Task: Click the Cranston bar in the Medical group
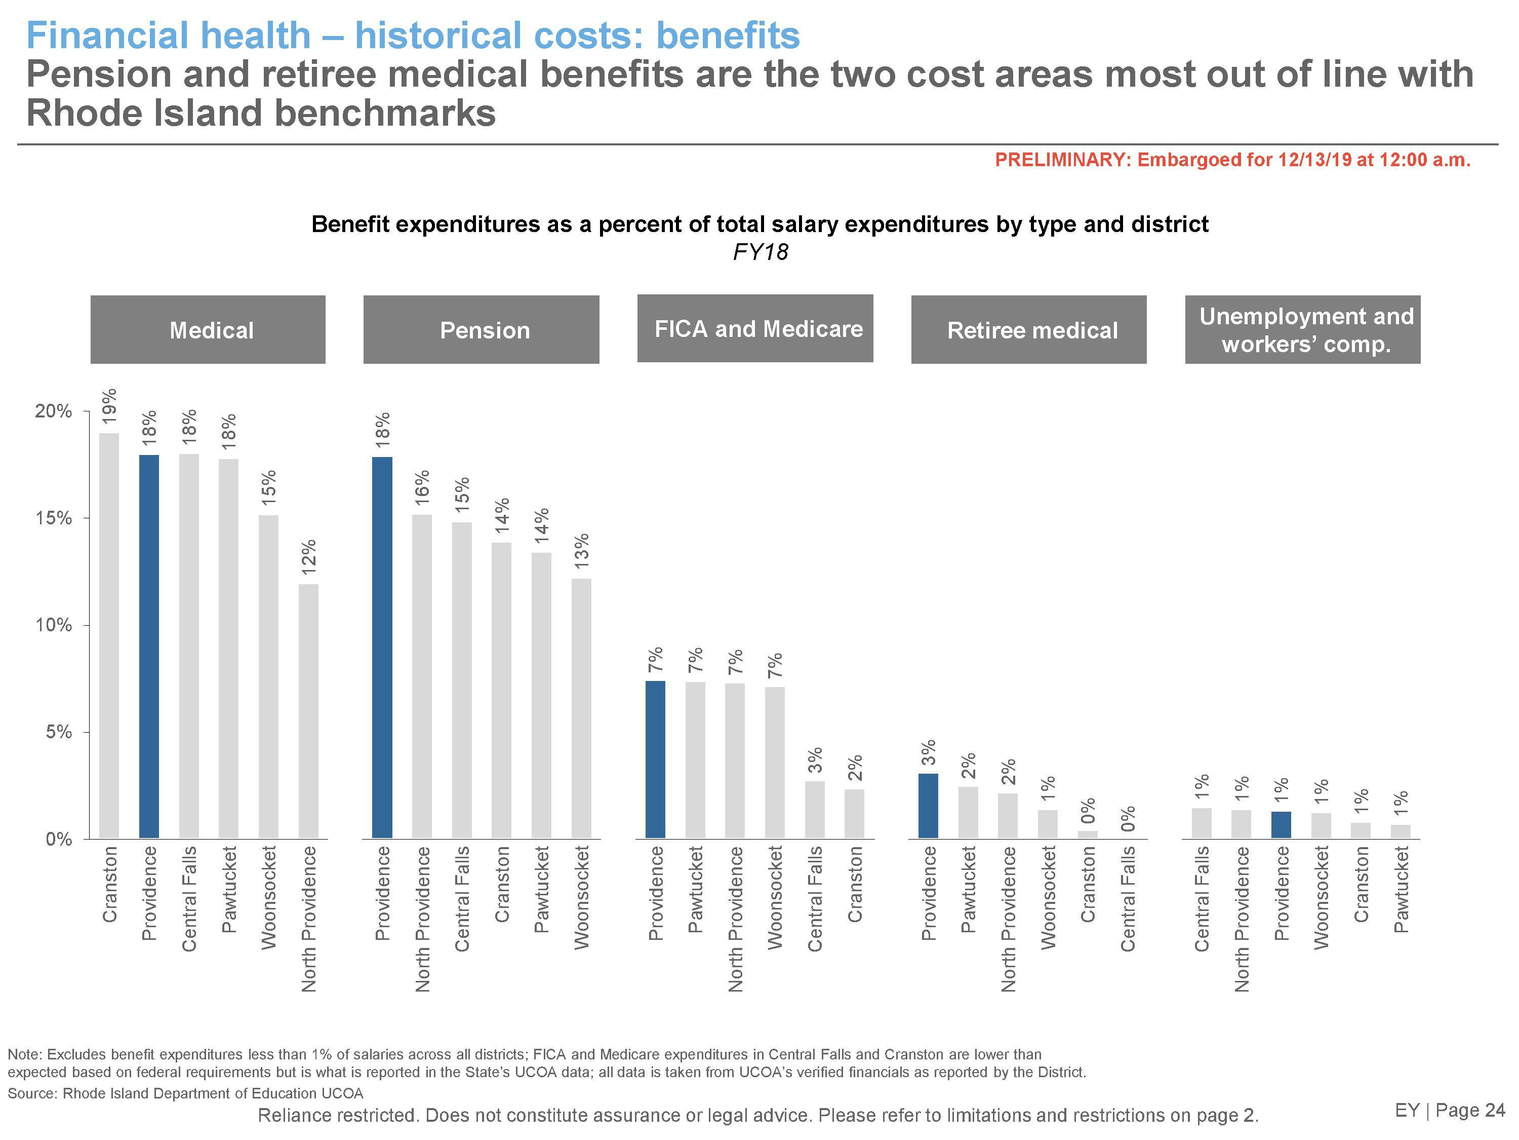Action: [x=109, y=636]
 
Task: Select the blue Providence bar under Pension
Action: [x=382, y=648]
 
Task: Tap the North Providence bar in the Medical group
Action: [x=308, y=711]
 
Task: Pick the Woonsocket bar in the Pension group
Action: [x=581, y=708]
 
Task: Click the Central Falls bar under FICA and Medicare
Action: [x=814, y=810]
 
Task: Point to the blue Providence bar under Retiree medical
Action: [x=928, y=806]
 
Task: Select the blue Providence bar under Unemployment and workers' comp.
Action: [x=1281, y=824]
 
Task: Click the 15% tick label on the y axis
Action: [x=54, y=518]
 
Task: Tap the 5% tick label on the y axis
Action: [x=58, y=733]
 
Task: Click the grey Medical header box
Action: [x=208, y=330]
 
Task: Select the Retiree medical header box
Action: [x=1029, y=330]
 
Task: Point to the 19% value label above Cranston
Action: [x=109, y=405]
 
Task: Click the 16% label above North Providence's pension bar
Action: [x=422, y=484]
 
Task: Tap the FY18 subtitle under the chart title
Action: [x=759, y=252]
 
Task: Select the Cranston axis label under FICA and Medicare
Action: [x=854, y=884]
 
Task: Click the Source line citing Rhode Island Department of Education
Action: [x=185, y=1093]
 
